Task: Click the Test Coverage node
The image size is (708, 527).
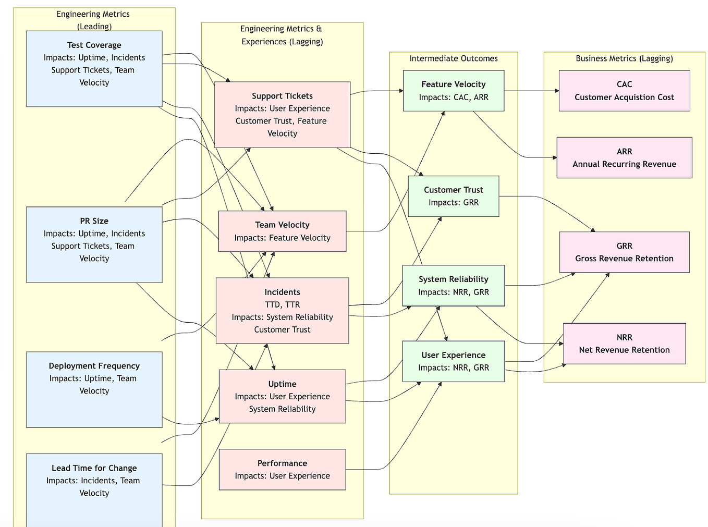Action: coord(94,68)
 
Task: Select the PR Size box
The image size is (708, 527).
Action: coord(94,244)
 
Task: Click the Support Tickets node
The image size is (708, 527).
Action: coord(282,114)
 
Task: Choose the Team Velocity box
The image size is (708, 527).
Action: coord(282,231)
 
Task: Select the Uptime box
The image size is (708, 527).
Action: coord(282,396)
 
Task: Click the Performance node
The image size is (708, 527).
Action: coord(282,469)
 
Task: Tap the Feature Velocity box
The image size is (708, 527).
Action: coord(453,90)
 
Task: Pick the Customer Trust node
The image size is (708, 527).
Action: coord(453,196)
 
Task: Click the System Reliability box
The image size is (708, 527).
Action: coord(453,285)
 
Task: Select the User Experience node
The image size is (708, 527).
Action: coord(453,361)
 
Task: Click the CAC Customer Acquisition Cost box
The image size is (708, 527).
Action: coord(624,90)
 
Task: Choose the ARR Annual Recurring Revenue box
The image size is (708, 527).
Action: coord(624,157)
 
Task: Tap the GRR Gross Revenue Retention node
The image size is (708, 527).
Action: coord(624,252)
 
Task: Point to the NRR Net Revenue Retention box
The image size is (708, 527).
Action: coord(624,344)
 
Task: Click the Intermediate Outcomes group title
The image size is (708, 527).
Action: coord(453,58)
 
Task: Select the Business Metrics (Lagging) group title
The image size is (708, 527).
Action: coord(624,58)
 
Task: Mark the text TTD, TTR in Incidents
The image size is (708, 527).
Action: coord(282,304)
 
